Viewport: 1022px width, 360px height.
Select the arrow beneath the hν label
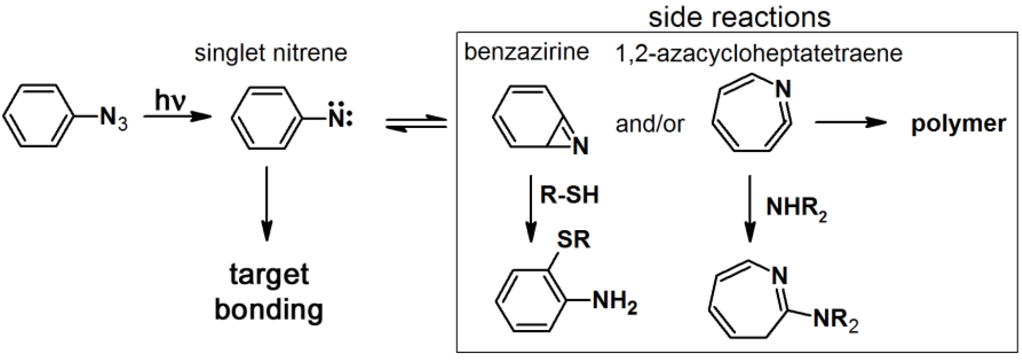pyautogui.click(x=177, y=117)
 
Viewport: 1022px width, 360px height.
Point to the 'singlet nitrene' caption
pyautogui.click(x=271, y=53)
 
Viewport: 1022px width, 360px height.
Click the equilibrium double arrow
pyautogui.click(x=416, y=123)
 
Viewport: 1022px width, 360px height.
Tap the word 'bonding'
pyautogui.click(x=269, y=310)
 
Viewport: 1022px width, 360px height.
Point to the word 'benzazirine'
pyautogui.click(x=527, y=52)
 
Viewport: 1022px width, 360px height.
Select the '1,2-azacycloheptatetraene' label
pyautogui.click(x=759, y=53)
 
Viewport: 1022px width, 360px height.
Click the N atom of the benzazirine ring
pyautogui.click(x=580, y=146)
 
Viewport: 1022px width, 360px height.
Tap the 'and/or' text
pyautogui.click(x=650, y=124)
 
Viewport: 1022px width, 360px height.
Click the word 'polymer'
pyautogui.click(x=958, y=124)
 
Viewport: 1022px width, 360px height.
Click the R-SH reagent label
pyautogui.click(x=569, y=195)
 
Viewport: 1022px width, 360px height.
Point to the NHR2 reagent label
pyautogui.click(x=796, y=208)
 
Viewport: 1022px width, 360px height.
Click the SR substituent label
pyautogui.click(x=573, y=239)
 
